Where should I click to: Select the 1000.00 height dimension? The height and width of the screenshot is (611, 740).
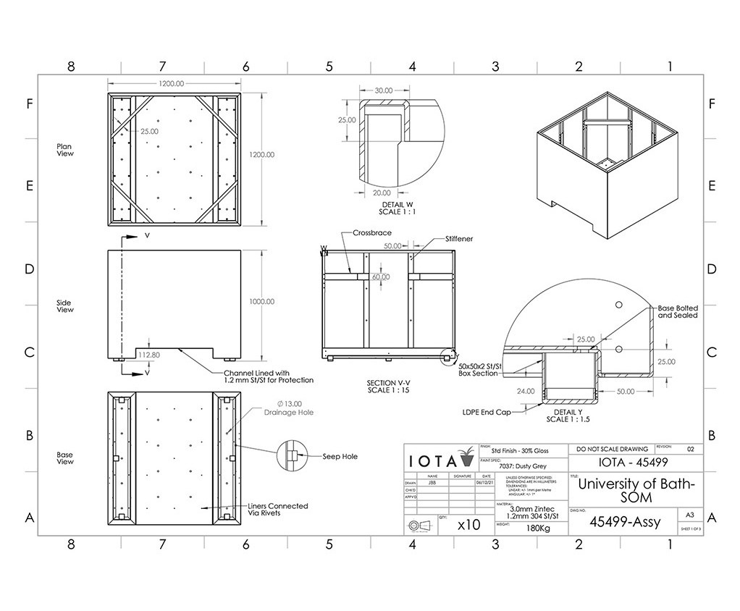tap(261, 302)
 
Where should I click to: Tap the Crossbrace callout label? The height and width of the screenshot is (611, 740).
tap(372, 234)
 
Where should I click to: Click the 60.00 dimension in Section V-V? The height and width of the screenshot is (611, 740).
tap(381, 277)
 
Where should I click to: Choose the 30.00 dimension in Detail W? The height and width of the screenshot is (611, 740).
tap(383, 90)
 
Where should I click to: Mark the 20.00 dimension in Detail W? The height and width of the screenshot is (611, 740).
tap(382, 193)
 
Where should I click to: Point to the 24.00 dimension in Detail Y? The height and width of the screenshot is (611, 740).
tap(526, 391)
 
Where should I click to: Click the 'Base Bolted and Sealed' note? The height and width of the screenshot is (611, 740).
tap(677, 311)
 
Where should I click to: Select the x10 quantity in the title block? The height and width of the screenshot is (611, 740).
tap(468, 525)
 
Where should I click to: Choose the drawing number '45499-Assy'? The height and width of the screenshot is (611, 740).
tap(624, 521)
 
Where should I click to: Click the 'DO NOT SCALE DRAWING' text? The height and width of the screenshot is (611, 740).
tap(612, 449)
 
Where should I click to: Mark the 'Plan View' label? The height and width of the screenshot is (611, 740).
tap(65, 150)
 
